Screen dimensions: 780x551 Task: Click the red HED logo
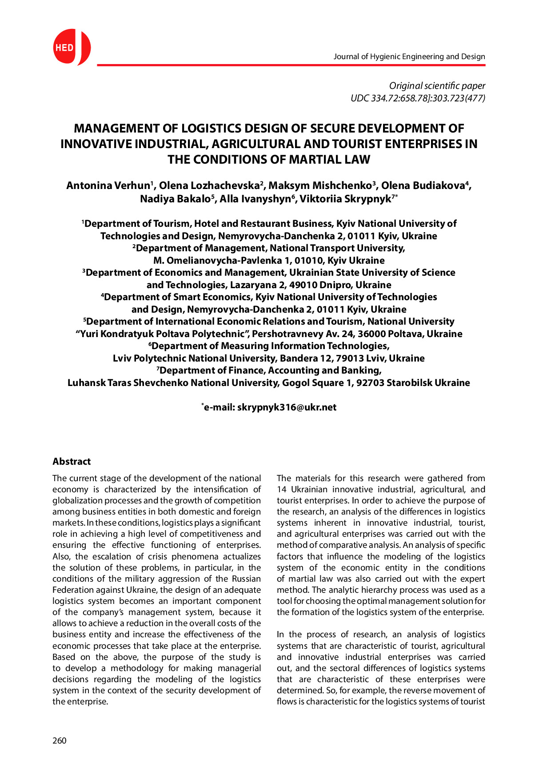(71, 47)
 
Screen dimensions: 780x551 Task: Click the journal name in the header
(409, 56)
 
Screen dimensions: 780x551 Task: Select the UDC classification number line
(417, 98)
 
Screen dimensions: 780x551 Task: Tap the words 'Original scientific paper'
(437, 86)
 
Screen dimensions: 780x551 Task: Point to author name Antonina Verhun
(108, 186)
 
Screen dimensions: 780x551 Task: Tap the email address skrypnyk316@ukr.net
(287, 407)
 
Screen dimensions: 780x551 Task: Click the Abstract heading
(72, 462)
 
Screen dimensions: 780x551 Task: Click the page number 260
(60, 740)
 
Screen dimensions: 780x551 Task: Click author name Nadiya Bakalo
(175, 199)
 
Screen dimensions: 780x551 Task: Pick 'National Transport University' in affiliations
(337, 248)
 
